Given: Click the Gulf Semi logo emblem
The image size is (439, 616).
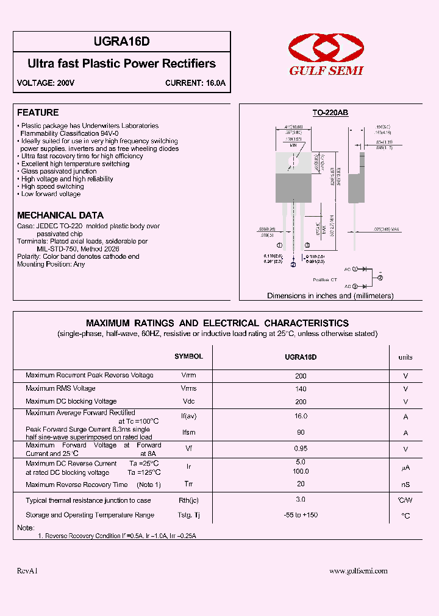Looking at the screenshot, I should pyautogui.click(x=326, y=49).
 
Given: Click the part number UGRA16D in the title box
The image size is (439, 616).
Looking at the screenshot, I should pyautogui.click(x=121, y=42).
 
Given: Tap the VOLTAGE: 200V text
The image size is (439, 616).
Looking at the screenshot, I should pyautogui.click(x=46, y=83).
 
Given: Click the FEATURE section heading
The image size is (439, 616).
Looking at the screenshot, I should pyautogui.click(x=38, y=113).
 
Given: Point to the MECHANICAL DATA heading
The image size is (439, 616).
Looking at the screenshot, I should pyautogui.click(x=60, y=215).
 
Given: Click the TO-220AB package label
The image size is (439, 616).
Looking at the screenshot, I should pyautogui.click(x=330, y=113).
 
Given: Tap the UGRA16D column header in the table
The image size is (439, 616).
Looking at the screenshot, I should pyautogui.click(x=301, y=357).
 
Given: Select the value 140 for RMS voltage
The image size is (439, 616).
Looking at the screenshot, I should pyautogui.click(x=301, y=388).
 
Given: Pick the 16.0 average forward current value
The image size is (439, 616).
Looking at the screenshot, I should pyautogui.click(x=301, y=416).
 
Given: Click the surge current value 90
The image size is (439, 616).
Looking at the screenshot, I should pyautogui.click(x=301, y=432).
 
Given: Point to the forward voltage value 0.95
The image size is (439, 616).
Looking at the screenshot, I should pyautogui.click(x=301, y=448).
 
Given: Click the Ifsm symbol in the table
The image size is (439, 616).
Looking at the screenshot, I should pyautogui.click(x=188, y=433).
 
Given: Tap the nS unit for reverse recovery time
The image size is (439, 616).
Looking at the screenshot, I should pyautogui.click(x=405, y=485).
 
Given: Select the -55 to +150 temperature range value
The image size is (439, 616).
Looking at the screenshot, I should pyautogui.click(x=301, y=515).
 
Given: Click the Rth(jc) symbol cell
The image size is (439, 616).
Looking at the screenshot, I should pyautogui.click(x=188, y=500).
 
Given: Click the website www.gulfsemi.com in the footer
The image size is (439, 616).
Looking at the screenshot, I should pyautogui.click(x=359, y=571).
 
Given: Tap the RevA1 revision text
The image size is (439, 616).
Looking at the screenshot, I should pyautogui.click(x=27, y=571).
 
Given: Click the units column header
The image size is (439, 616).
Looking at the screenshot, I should pyautogui.click(x=405, y=357).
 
